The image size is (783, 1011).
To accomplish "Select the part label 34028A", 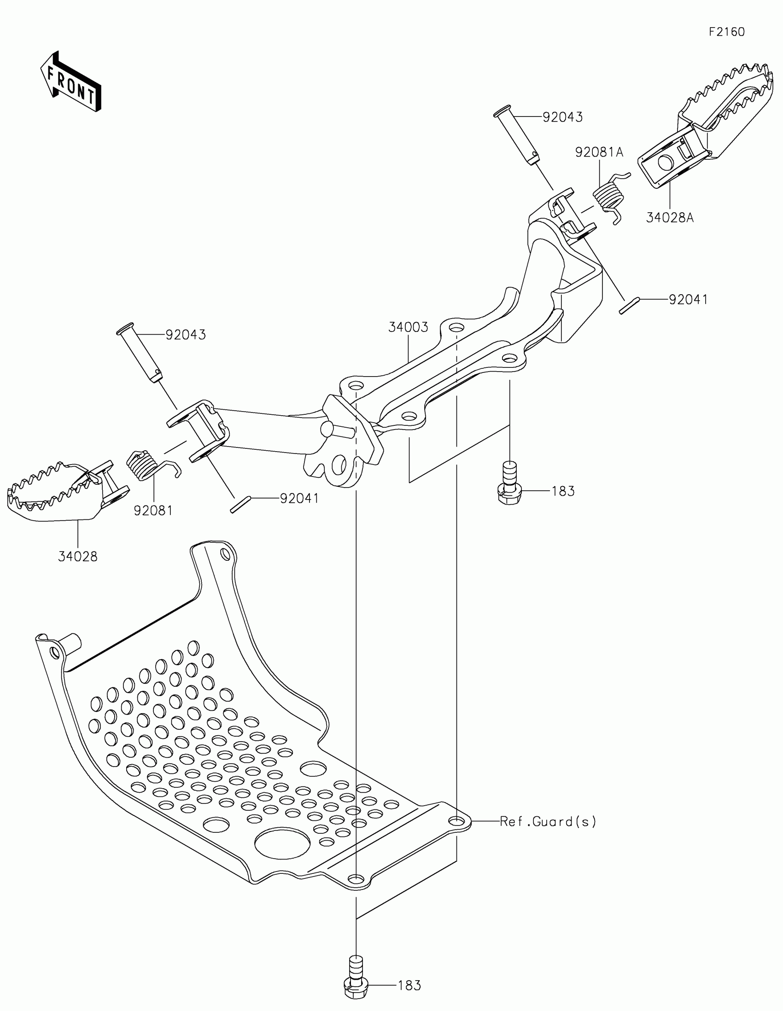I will pos(670,217).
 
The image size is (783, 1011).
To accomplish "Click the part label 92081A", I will pos(599,152).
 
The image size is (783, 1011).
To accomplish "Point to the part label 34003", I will pos(408,327).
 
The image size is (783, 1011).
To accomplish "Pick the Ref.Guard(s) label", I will pos(548,822).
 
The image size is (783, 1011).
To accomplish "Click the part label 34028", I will pos(78,557).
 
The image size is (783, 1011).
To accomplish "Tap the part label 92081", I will pos(153,511).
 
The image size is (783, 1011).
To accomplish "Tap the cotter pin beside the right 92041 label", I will pos(629,306).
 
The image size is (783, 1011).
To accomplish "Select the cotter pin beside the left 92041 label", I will pos(240,504).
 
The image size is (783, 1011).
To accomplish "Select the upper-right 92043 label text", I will pos(562,117).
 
